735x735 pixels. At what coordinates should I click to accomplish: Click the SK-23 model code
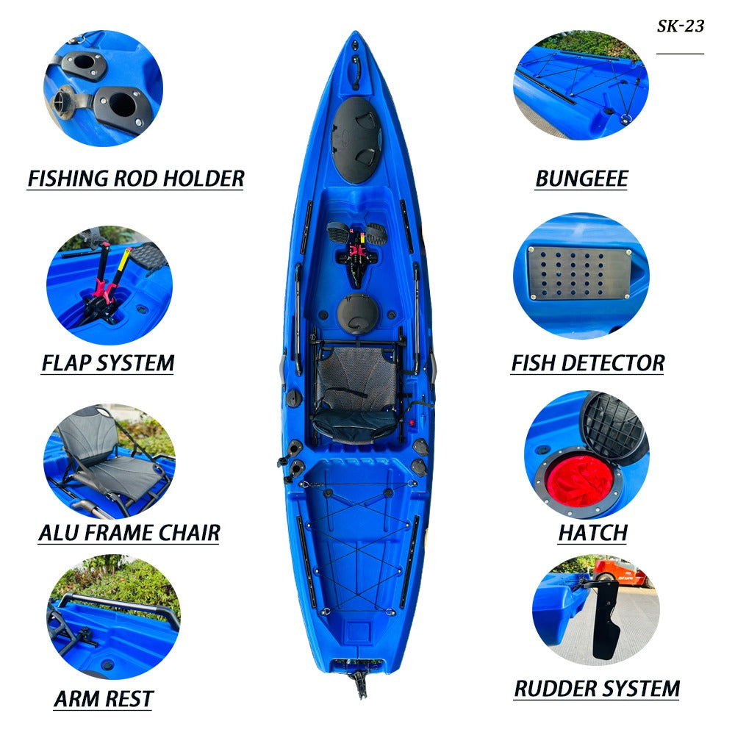coord(680,26)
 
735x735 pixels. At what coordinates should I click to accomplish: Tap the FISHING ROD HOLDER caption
coord(136,179)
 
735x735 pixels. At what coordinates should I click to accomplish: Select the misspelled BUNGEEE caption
coord(581,179)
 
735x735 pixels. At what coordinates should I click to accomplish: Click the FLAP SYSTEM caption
coord(108,363)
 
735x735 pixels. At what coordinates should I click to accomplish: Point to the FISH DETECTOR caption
coord(588,363)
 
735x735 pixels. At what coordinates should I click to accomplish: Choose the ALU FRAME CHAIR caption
coord(129,533)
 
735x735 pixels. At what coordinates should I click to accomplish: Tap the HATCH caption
coord(593,533)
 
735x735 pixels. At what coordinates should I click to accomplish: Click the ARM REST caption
coord(104,699)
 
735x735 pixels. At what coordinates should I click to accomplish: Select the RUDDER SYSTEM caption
coord(597,689)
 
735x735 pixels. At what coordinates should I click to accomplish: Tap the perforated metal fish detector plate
coord(579,273)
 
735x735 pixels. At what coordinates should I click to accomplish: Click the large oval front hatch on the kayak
coord(356,140)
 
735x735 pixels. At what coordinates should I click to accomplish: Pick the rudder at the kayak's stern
coord(360,684)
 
